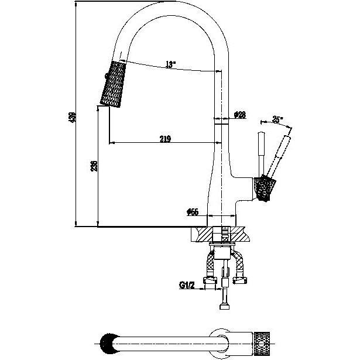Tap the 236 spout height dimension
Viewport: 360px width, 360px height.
tap(92, 167)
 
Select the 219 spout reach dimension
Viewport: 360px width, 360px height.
tap(164, 139)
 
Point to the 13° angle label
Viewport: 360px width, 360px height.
tap(170, 64)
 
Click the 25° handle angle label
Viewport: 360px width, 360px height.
tap(277, 120)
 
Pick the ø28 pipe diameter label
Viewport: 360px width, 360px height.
tap(239, 115)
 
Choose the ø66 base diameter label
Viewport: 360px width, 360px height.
tap(193, 212)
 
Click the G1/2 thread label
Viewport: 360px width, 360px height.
tap(187, 286)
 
